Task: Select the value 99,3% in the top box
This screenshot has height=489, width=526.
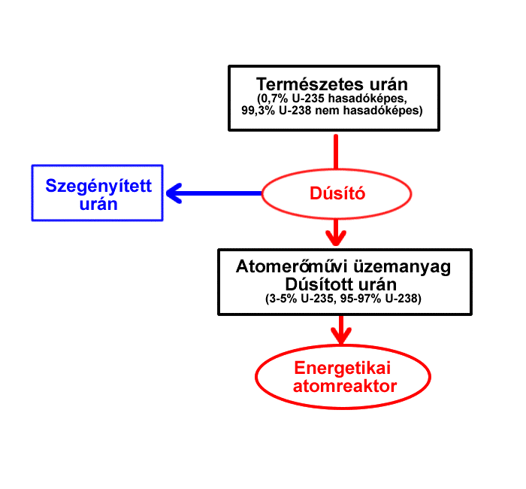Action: click(258, 110)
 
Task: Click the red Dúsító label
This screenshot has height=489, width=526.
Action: click(337, 193)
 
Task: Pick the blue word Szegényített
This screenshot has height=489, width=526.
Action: click(98, 186)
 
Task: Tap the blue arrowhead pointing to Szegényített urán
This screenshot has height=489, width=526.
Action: click(174, 193)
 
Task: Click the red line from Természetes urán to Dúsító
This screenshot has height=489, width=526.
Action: click(336, 152)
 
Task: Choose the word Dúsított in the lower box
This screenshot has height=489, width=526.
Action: click(319, 284)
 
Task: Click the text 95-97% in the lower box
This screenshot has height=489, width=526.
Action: click(361, 299)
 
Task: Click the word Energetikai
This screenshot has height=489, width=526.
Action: click(343, 369)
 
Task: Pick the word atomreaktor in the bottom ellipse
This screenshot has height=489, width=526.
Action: click(345, 386)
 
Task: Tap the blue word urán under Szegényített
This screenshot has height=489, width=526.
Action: click(98, 204)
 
